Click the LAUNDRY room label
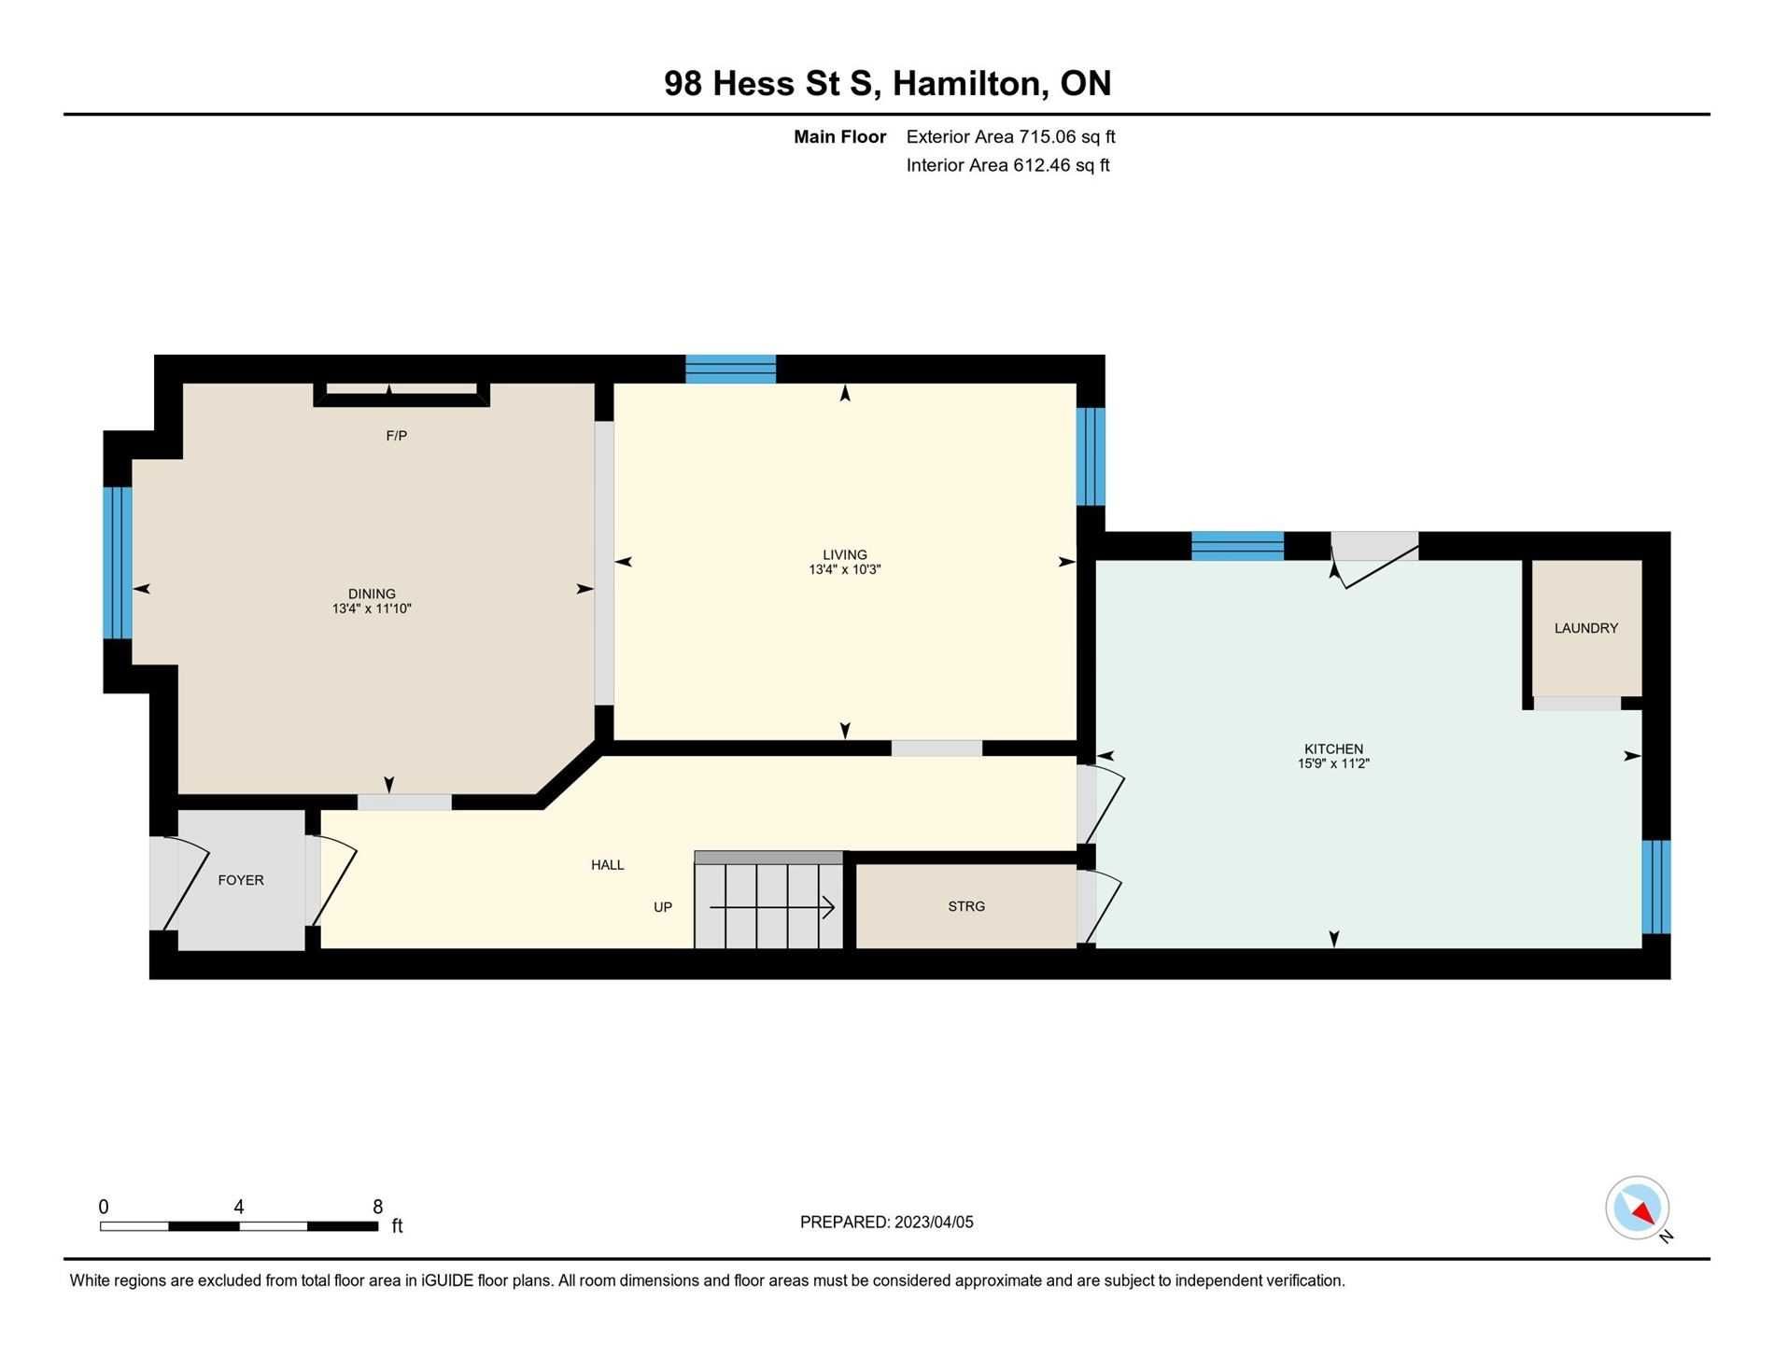point(1585,628)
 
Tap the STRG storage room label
point(966,906)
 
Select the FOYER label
point(241,880)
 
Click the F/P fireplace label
point(397,436)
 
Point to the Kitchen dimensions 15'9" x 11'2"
point(1333,763)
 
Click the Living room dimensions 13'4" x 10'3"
point(845,569)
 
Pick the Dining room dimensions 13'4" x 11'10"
point(372,608)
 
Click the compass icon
point(1637,1208)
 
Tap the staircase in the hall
point(768,900)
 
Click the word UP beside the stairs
point(663,907)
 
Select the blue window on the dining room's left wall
point(118,563)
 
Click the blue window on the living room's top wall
point(731,369)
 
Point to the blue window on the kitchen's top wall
point(1238,546)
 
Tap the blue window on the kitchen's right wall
point(1656,887)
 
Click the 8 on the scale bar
point(377,1207)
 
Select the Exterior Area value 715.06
point(1048,136)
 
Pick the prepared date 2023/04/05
point(934,1223)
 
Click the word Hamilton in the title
point(967,83)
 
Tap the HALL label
point(608,865)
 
